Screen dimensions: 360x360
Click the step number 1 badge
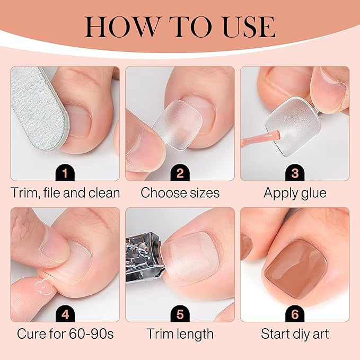[65, 172]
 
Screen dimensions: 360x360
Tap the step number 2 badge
[180, 172]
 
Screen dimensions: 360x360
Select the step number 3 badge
[294, 172]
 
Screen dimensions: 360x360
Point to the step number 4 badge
[65, 313]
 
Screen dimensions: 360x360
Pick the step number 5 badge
[180, 313]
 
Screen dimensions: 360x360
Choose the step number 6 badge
[294, 313]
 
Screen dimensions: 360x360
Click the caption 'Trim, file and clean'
[65, 193]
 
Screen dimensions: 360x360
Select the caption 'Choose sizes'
[180, 193]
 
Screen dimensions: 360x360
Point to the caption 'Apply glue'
[295, 193]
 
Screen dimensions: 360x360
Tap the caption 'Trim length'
[180, 335]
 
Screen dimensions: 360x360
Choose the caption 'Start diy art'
[295, 335]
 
